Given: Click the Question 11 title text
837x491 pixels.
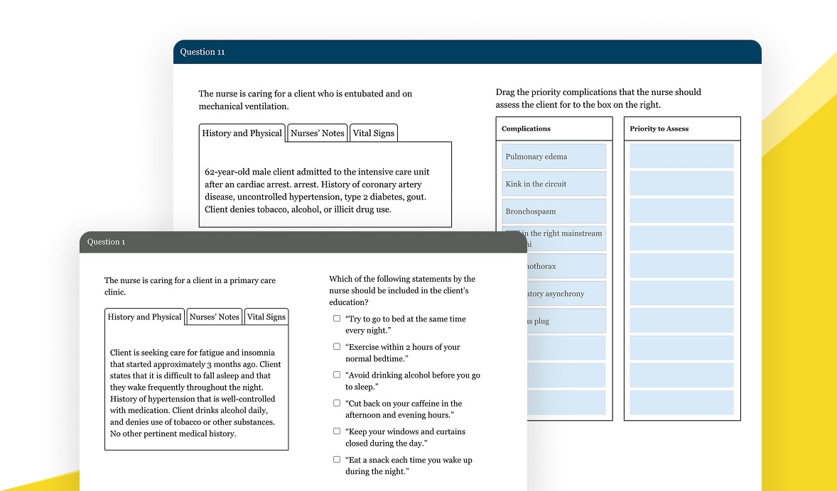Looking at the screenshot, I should tap(202, 52).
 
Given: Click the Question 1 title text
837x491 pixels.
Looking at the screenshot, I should tap(106, 242).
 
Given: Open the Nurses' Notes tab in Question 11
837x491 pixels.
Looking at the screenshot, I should tap(318, 133).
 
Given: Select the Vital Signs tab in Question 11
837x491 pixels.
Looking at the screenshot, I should tap(373, 133).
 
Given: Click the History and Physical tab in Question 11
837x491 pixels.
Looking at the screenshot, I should tap(242, 133).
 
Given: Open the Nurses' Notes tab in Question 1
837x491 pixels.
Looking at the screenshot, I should tap(214, 317).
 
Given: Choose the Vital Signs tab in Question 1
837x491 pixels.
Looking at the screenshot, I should tap(266, 317).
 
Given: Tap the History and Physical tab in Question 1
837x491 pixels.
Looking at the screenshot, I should tap(144, 317).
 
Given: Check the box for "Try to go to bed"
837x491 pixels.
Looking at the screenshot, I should tap(337, 319).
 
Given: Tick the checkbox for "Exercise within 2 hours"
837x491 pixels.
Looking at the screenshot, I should tap(337, 347).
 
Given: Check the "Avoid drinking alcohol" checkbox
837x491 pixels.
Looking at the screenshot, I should tap(337, 375).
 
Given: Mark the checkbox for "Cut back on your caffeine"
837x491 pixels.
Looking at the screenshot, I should tap(337, 403).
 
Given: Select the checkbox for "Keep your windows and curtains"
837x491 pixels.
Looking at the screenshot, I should tap(337, 431).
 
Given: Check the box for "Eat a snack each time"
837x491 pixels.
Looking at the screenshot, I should tap(337, 459).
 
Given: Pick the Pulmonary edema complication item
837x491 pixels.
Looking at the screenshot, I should tap(553, 156).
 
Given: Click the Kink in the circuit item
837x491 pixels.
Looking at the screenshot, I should tap(553, 184).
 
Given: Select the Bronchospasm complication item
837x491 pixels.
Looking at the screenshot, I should tap(553, 211).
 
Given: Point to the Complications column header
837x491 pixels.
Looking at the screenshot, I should tap(526, 129).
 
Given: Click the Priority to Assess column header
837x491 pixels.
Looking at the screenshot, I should tap(659, 129).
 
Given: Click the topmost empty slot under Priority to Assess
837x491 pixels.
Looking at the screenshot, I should tap(681, 156).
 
